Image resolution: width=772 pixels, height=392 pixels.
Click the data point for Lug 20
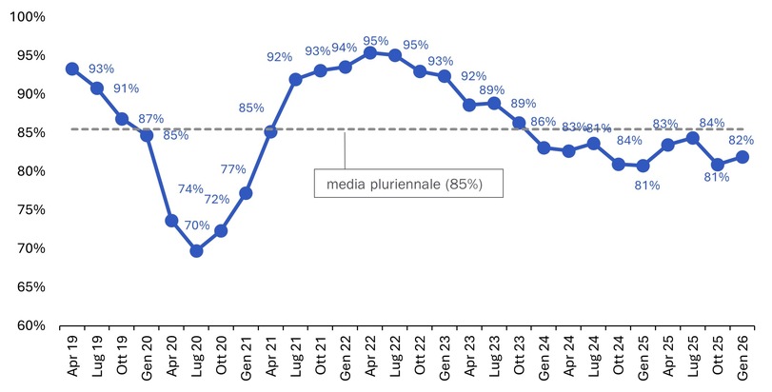[x=196, y=251]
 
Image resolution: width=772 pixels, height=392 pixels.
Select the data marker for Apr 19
[x=72, y=69]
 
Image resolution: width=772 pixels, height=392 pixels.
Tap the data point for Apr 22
[x=370, y=52]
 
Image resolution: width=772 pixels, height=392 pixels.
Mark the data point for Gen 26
[x=742, y=157]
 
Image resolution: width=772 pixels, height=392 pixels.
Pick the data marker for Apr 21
[x=270, y=131]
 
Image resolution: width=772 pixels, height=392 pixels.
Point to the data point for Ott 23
[x=519, y=123]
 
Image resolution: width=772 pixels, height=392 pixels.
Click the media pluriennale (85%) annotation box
[x=408, y=183]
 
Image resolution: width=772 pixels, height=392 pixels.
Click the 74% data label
[x=190, y=189]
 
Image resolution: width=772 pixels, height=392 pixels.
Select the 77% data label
[x=233, y=169]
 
